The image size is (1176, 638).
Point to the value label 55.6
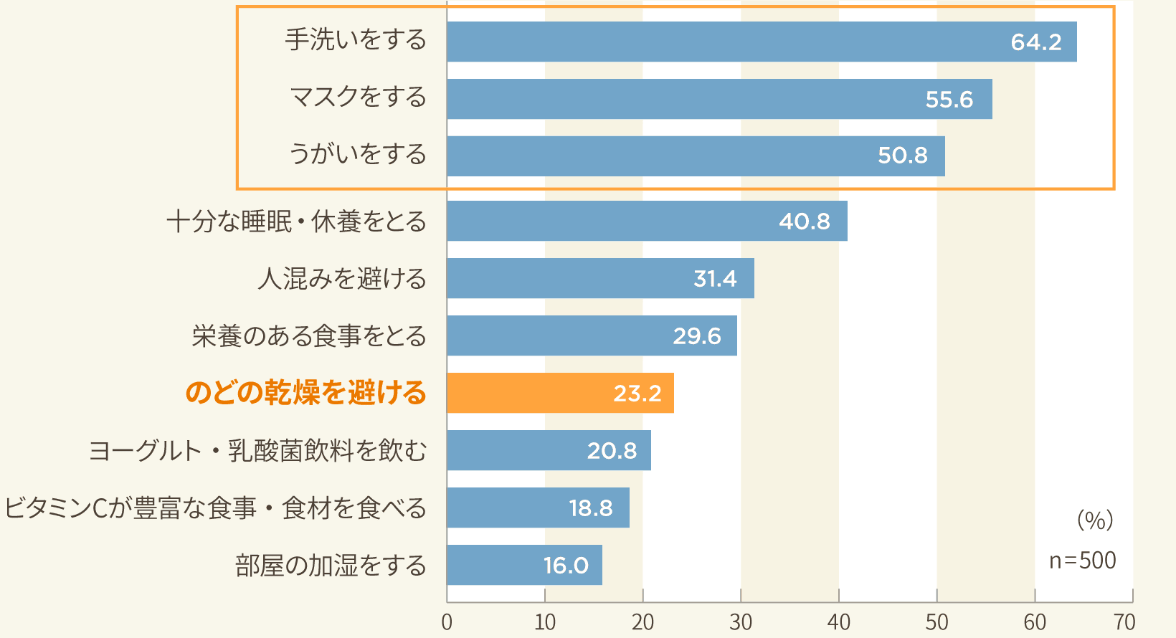(949, 99)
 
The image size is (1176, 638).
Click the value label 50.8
(902, 156)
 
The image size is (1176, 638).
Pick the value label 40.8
(804, 221)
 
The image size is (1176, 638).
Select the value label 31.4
(715, 278)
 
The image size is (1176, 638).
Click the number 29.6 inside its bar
(696, 335)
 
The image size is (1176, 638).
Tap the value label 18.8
(590, 508)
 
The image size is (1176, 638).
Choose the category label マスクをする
(358, 97)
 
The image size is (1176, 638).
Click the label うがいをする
(357, 154)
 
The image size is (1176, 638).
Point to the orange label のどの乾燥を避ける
(305, 393)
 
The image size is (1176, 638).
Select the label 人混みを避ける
(342, 278)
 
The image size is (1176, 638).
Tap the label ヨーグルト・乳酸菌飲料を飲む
(257, 450)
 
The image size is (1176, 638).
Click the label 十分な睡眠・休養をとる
(296, 222)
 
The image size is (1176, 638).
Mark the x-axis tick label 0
(447, 622)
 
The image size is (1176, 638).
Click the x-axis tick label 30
(741, 622)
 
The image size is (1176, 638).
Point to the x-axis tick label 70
(1125, 622)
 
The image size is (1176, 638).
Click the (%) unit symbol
(1095, 520)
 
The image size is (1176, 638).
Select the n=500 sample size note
(1082, 560)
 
